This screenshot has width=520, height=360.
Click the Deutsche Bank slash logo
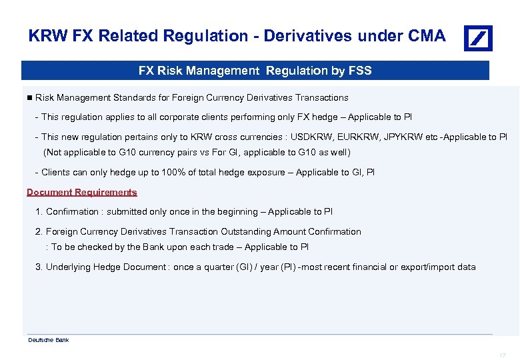pyautogui.click(x=478, y=38)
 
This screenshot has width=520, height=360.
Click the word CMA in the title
pyautogui.click(x=424, y=36)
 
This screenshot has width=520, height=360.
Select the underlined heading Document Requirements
pyautogui.click(x=82, y=192)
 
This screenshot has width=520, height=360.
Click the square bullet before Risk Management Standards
pyautogui.click(x=29, y=97)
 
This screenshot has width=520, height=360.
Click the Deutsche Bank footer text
pyautogui.click(x=48, y=340)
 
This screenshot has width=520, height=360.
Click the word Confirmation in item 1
pyautogui.click(x=72, y=211)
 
